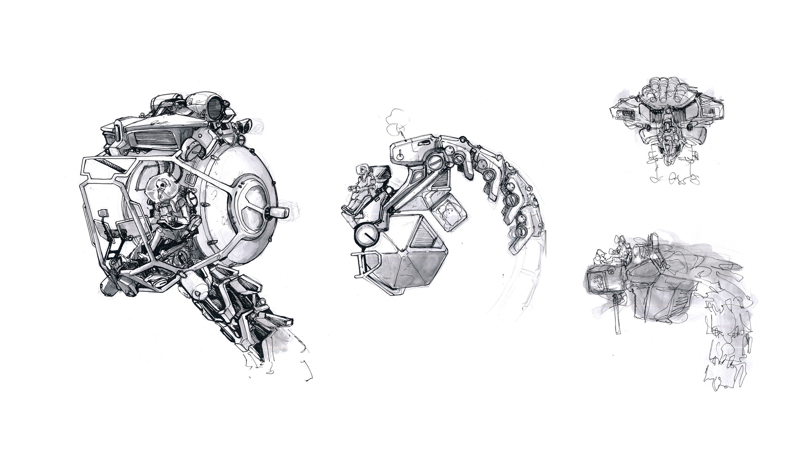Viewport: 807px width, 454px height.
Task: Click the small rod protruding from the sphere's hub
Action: [277, 211]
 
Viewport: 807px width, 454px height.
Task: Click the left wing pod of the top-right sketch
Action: [625, 112]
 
